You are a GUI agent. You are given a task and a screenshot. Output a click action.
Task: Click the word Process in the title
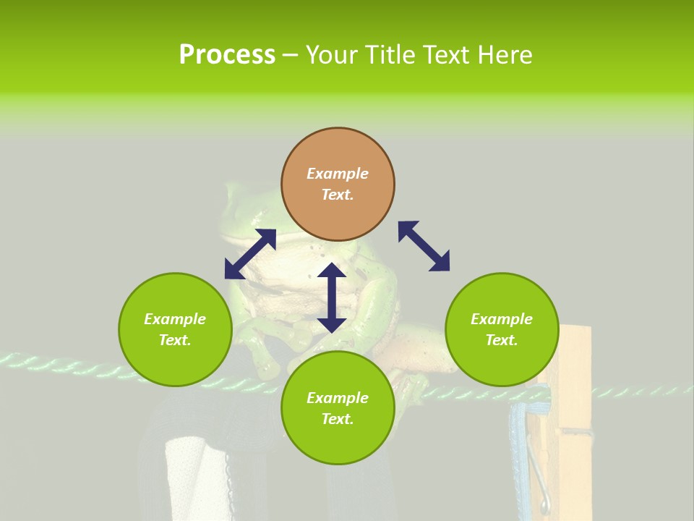227,55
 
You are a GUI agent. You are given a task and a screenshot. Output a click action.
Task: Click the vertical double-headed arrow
332,297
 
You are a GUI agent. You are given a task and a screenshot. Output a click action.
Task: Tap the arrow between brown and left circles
250,254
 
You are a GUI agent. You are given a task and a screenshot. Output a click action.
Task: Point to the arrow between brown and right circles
424,246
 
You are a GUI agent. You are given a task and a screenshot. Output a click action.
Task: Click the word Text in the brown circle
338,195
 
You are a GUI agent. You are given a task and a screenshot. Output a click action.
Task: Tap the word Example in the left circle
175,319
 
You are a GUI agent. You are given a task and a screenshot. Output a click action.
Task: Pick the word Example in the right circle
502,319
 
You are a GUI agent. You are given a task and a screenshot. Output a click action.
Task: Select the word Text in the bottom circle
338,419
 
